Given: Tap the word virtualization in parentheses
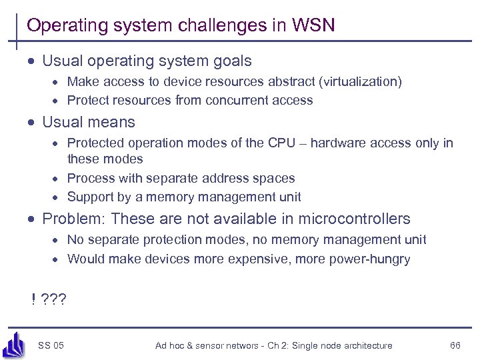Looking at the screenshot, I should point(361,82).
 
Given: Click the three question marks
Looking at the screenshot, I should point(54,299).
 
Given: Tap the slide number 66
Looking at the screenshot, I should point(455,345).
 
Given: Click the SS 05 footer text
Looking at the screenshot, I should point(51,345).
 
